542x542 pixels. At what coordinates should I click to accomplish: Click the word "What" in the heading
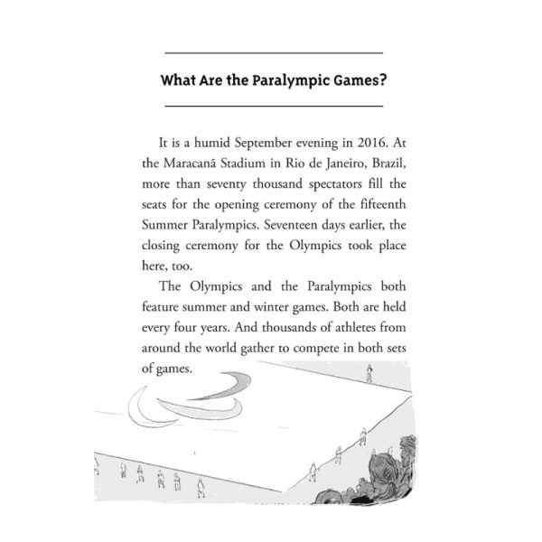point(177,79)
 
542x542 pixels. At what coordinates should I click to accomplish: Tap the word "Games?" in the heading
point(358,79)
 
